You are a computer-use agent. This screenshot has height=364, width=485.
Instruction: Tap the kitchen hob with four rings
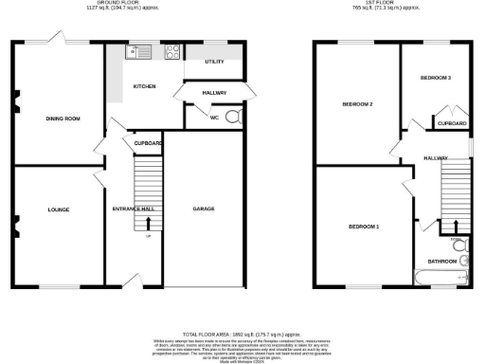pos(174,52)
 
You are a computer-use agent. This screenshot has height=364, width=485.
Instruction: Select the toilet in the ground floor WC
pos(233,118)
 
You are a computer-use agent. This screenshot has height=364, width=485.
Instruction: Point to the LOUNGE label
pos(58,209)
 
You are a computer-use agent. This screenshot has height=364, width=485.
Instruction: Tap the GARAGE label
pos(203,209)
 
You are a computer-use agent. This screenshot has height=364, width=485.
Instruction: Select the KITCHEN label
pos(144,86)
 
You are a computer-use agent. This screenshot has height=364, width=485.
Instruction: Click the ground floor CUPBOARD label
pos(148,143)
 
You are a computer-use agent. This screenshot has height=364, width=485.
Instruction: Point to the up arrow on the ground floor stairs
pos(148,224)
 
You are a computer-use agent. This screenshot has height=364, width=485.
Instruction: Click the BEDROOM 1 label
pos(363,227)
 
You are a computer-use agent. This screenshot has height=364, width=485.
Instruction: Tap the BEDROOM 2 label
pos(357,103)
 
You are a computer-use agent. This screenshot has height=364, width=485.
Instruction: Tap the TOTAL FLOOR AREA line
pos(242,335)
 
